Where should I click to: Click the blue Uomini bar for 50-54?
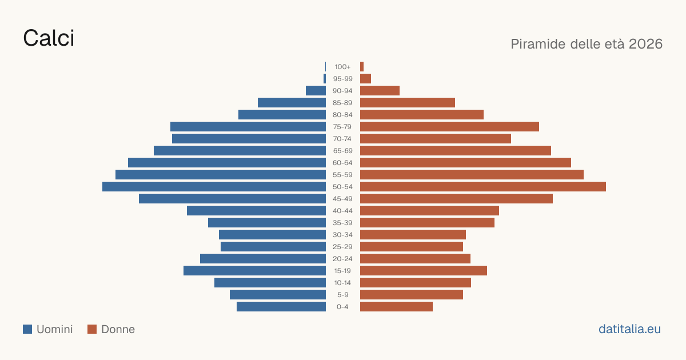point(214,187)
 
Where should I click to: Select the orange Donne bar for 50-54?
point(483,187)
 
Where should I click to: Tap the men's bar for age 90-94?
point(316,91)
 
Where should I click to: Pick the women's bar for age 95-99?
point(365,79)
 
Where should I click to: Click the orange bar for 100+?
point(362,67)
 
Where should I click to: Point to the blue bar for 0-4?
point(281,307)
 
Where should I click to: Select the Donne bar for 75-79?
point(449,127)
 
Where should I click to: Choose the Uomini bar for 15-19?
point(254,271)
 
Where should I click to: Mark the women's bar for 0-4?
point(396,307)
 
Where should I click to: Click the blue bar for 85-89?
point(292,102)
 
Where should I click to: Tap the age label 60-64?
point(342,163)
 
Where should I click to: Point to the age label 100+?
point(342,67)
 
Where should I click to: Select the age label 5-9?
point(342,295)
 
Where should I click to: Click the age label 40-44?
point(342,211)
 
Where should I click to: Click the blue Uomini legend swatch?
point(27,329)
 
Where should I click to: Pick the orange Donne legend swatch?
point(92,329)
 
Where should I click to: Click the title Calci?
point(49,38)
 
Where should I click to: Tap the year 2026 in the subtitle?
point(645,44)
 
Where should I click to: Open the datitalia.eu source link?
point(629,329)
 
